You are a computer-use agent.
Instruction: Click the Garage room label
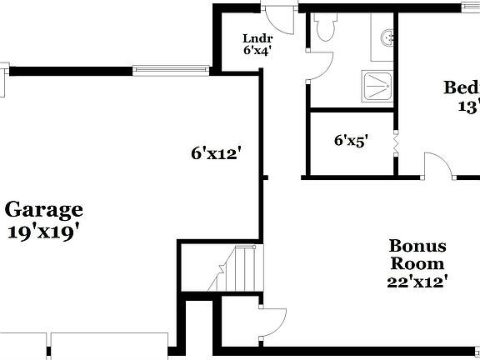click(43, 209)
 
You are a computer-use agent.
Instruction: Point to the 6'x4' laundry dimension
click(257, 50)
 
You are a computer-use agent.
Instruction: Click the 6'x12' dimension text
click(216, 152)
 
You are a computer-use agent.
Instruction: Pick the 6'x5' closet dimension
click(351, 141)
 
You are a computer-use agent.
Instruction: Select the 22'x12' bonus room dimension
click(417, 282)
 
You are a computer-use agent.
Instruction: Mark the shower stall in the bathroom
click(377, 85)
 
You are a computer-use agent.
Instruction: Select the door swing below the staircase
click(272, 322)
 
